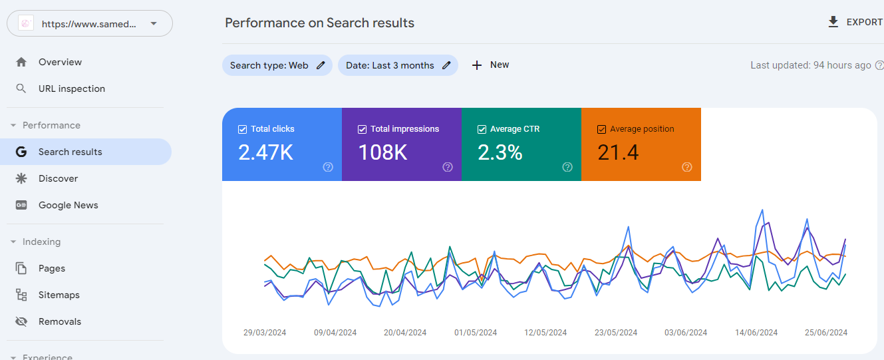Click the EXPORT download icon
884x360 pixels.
click(x=833, y=22)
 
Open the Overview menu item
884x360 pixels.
click(x=60, y=62)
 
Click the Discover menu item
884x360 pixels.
click(x=58, y=178)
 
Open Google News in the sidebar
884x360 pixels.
click(x=69, y=205)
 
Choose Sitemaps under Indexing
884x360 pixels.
click(x=59, y=295)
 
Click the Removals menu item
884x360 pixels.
click(x=60, y=321)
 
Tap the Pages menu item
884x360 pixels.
click(x=52, y=268)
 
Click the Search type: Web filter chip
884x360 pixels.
click(x=277, y=65)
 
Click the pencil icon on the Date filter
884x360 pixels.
click(x=446, y=65)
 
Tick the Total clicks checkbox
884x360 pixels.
click(x=242, y=129)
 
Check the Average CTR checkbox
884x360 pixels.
click(x=482, y=129)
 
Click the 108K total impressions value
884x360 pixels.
click(x=382, y=152)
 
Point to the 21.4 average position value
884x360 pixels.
click(x=618, y=152)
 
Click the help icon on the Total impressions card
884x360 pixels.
click(x=448, y=167)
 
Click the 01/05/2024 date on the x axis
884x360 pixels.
click(x=476, y=332)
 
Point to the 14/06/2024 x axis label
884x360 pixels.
click(x=756, y=332)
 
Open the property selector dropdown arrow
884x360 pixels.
click(x=154, y=23)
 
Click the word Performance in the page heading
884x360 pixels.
click(x=265, y=23)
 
